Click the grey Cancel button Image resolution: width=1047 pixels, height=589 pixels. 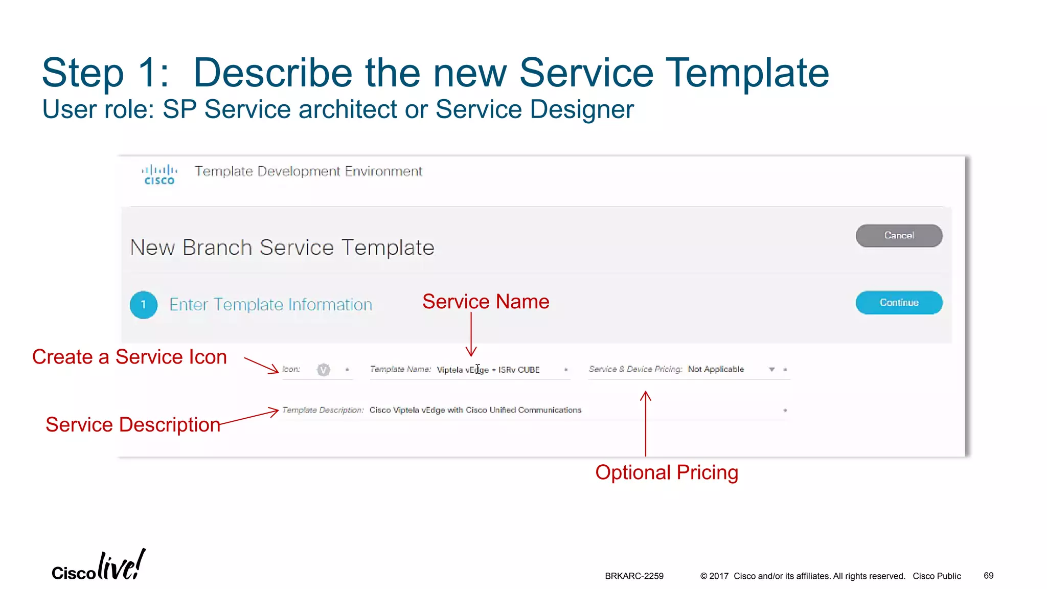tap(899, 236)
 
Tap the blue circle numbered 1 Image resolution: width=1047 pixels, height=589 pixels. tap(144, 305)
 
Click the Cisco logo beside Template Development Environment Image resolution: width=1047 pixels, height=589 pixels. tap(159, 174)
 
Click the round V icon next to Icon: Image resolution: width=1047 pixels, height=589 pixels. tap(323, 370)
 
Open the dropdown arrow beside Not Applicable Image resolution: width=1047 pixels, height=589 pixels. tap(771, 370)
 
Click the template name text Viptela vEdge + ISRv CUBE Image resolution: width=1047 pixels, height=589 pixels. tap(488, 370)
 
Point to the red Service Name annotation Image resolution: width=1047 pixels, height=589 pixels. tap(485, 302)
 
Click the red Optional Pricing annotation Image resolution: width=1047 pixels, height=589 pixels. tap(666, 472)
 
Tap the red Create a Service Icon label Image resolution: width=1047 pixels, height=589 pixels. tap(129, 357)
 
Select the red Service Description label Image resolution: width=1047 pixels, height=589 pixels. tap(133, 424)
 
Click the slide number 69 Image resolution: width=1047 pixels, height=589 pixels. tap(988, 576)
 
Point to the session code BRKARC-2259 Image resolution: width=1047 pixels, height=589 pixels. tap(634, 576)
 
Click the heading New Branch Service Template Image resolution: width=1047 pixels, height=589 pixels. tap(282, 248)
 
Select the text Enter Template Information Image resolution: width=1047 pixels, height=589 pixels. tap(270, 305)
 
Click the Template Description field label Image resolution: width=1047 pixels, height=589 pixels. tap(323, 410)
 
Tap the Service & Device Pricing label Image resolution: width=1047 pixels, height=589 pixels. tap(635, 369)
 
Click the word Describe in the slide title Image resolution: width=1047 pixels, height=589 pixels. tap(272, 73)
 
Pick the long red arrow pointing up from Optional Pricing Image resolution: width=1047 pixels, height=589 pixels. tap(646, 424)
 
